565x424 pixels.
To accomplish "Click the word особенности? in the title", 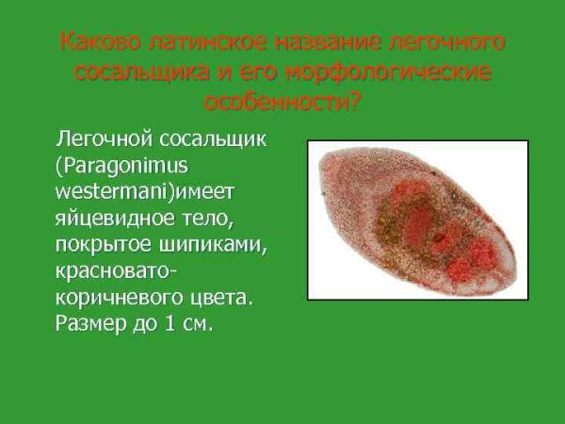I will point(282,102).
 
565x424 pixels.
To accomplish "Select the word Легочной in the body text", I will point(105,140).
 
